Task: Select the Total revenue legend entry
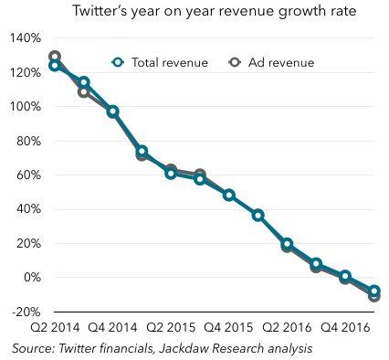(160, 62)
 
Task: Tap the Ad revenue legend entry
(271, 62)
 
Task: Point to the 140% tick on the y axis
(26, 38)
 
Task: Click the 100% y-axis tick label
(26, 107)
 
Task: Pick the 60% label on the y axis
(28, 175)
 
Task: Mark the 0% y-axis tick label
(32, 278)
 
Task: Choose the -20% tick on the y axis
(26, 312)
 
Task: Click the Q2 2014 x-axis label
(55, 327)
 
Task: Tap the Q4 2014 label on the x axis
(112, 327)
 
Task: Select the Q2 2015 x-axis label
(171, 327)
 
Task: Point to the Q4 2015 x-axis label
(229, 327)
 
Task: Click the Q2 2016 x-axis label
(287, 327)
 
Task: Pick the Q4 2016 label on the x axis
(345, 327)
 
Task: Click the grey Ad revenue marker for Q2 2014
(55, 57)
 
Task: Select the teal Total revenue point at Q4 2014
(113, 111)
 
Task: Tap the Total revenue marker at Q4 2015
(229, 196)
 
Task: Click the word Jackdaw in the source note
(182, 348)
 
